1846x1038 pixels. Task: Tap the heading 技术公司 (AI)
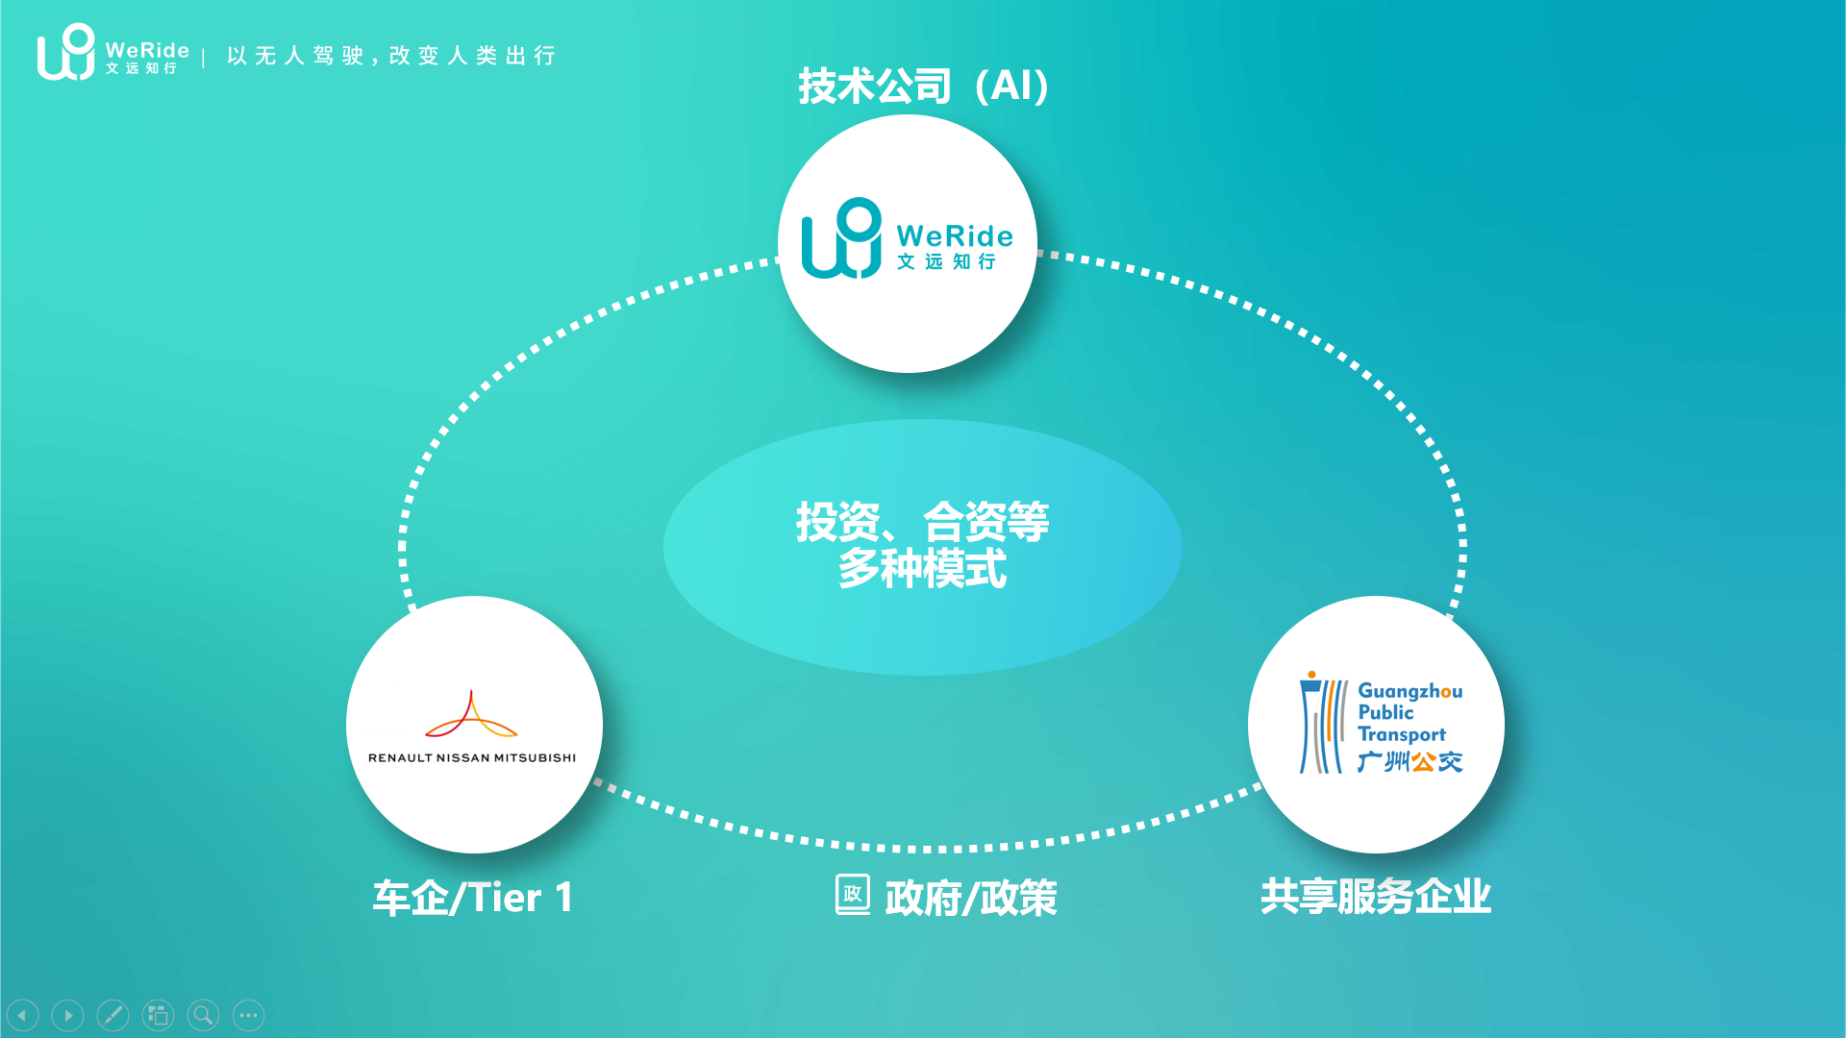(x=923, y=86)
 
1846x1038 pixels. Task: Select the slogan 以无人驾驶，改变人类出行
(x=391, y=56)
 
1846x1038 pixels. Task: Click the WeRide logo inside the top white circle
(x=907, y=239)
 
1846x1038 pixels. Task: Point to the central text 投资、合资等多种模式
(x=922, y=545)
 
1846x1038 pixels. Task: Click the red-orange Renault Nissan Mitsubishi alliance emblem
(x=471, y=715)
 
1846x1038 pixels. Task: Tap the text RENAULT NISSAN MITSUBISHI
(x=472, y=758)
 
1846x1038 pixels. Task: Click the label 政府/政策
(x=970, y=898)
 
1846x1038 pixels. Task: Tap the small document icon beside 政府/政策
(x=852, y=894)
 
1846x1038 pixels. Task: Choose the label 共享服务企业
(x=1375, y=896)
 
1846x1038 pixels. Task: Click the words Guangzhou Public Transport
(x=1409, y=712)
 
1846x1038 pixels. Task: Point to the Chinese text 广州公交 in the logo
(x=1409, y=762)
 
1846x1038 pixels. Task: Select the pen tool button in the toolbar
(x=112, y=1015)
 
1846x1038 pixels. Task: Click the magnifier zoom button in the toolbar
(x=203, y=1015)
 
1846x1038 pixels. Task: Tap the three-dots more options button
(x=248, y=1015)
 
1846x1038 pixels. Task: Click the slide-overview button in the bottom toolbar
(x=158, y=1015)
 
